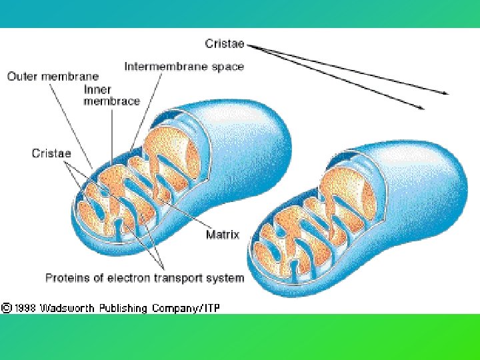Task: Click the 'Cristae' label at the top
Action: pyautogui.click(x=225, y=45)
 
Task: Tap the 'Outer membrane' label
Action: pyautogui.click(x=53, y=77)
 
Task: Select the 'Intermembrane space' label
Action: pyautogui.click(x=184, y=66)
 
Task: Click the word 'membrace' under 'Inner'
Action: pyautogui.click(x=111, y=101)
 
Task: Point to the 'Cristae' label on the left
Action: pyautogui.click(x=51, y=153)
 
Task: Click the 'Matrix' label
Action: pyautogui.click(x=223, y=235)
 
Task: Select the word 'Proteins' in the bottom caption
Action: pyautogui.click(x=66, y=277)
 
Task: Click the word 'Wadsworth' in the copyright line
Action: pyautogui.click(x=67, y=308)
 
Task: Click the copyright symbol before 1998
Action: pyautogui.click(x=6, y=308)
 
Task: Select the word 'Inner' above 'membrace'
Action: pyautogui.click(x=97, y=89)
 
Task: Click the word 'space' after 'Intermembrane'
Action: pyautogui.click(x=229, y=66)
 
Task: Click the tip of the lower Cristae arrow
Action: pyautogui.click(x=423, y=107)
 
